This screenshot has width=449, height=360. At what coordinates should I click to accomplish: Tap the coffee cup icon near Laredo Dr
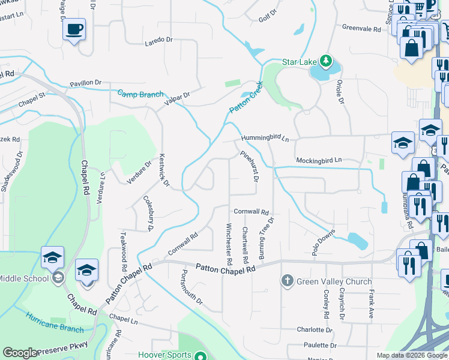coord(74,29)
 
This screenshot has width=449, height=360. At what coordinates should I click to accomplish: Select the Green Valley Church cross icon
coord(287,280)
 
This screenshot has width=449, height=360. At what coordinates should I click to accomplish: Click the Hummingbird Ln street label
coord(265,139)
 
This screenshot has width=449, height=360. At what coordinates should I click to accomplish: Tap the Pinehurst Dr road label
coord(249,166)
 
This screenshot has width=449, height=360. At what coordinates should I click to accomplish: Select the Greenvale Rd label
coord(361,28)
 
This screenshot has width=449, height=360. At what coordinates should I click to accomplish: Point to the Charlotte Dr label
coord(315,330)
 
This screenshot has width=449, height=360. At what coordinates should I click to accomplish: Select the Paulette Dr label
coord(320,346)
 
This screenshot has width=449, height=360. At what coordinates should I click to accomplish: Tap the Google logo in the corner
coord(20,353)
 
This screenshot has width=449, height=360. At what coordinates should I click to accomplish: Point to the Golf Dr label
coord(267,16)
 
